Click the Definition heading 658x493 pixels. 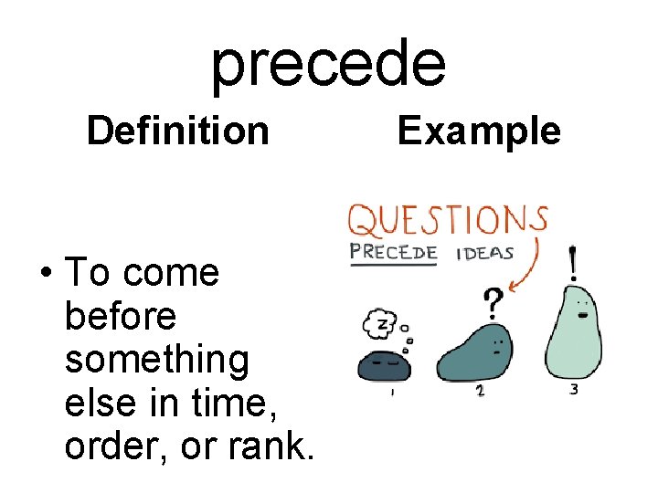point(177,131)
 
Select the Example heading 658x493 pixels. point(479,131)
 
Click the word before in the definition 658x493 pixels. point(121,316)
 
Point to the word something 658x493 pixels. point(157,359)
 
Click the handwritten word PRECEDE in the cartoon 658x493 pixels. point(394,253)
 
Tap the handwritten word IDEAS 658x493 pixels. point(483,253)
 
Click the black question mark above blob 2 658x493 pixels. point(493,301)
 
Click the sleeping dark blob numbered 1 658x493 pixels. point(384,365)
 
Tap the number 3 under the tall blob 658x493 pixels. point(573,390)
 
